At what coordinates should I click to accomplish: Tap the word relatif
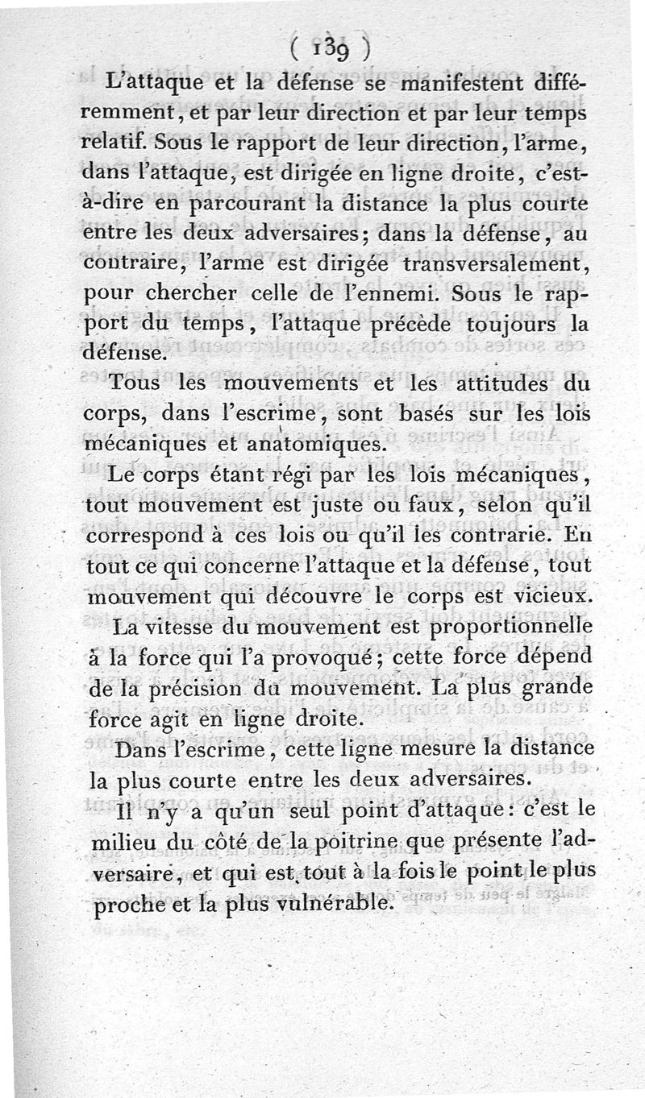click(114, 144)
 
